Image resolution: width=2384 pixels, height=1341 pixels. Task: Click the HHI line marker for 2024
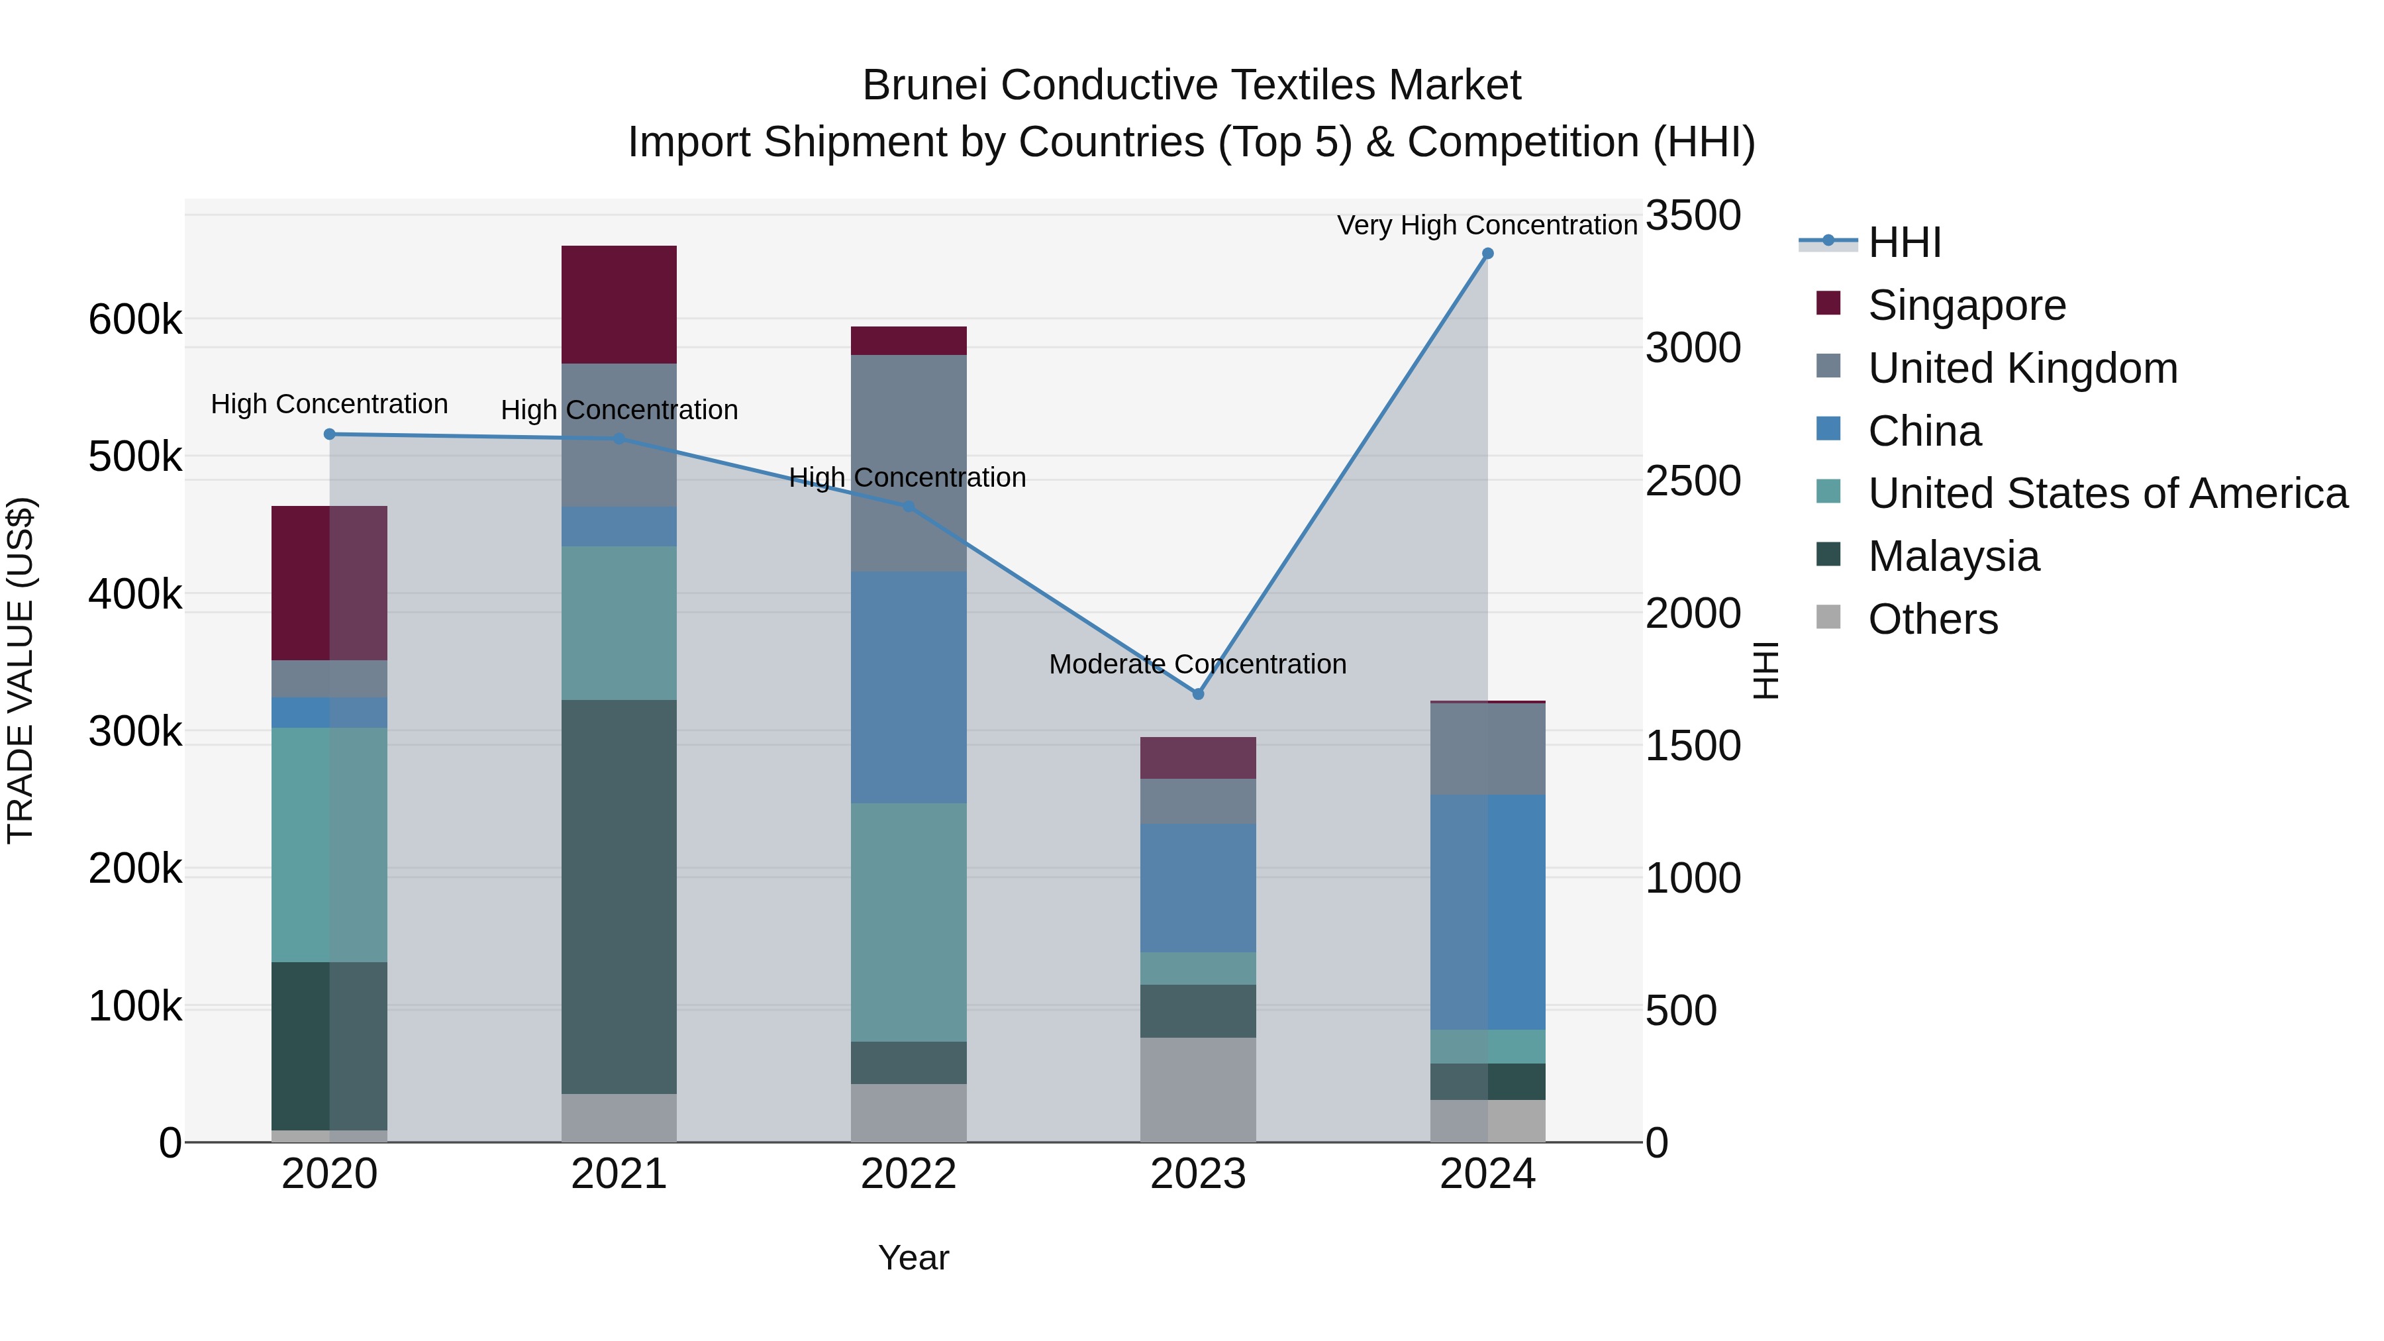[x=1487, y=254]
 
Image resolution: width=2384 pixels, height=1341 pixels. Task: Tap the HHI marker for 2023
[x=1197, y=694]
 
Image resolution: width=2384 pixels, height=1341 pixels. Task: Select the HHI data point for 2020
[x=330, y=434]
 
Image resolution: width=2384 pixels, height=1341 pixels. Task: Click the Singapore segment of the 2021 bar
[x=619, y=305]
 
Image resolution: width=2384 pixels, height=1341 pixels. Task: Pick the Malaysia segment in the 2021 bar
[x=619, y=896]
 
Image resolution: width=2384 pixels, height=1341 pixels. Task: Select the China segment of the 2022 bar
[x=909, y=687]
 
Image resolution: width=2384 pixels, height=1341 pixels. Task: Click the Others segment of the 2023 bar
[x=1197, y=1089]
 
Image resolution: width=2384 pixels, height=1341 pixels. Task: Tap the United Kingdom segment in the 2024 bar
[x=1487, y=749]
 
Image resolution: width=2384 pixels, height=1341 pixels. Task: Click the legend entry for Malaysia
[x=1953, y=557]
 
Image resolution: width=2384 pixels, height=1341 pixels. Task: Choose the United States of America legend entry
[x=2107, y=494]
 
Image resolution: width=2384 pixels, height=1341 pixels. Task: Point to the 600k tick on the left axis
[x=135, y=321]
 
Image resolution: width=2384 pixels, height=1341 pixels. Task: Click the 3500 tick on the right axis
[x=1693, y=216]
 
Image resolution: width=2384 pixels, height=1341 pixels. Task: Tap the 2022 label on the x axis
[x=909, y=1174]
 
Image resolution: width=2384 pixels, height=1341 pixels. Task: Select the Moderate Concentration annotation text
[x=1197, y=664]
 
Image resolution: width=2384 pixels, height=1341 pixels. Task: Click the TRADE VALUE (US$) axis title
[x=21, y=670]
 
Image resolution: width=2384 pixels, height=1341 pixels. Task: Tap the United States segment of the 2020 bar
[x=330, y=844]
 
